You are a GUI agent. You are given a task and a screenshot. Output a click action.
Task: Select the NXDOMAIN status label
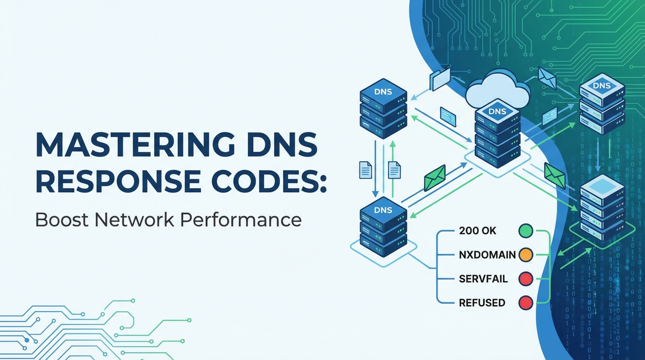[486, 255]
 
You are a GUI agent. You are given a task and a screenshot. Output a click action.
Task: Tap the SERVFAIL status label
[483, 278]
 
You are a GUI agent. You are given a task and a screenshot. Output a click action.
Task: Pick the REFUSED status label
[482, 303]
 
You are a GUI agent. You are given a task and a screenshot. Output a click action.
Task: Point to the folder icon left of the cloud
[440, 78]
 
